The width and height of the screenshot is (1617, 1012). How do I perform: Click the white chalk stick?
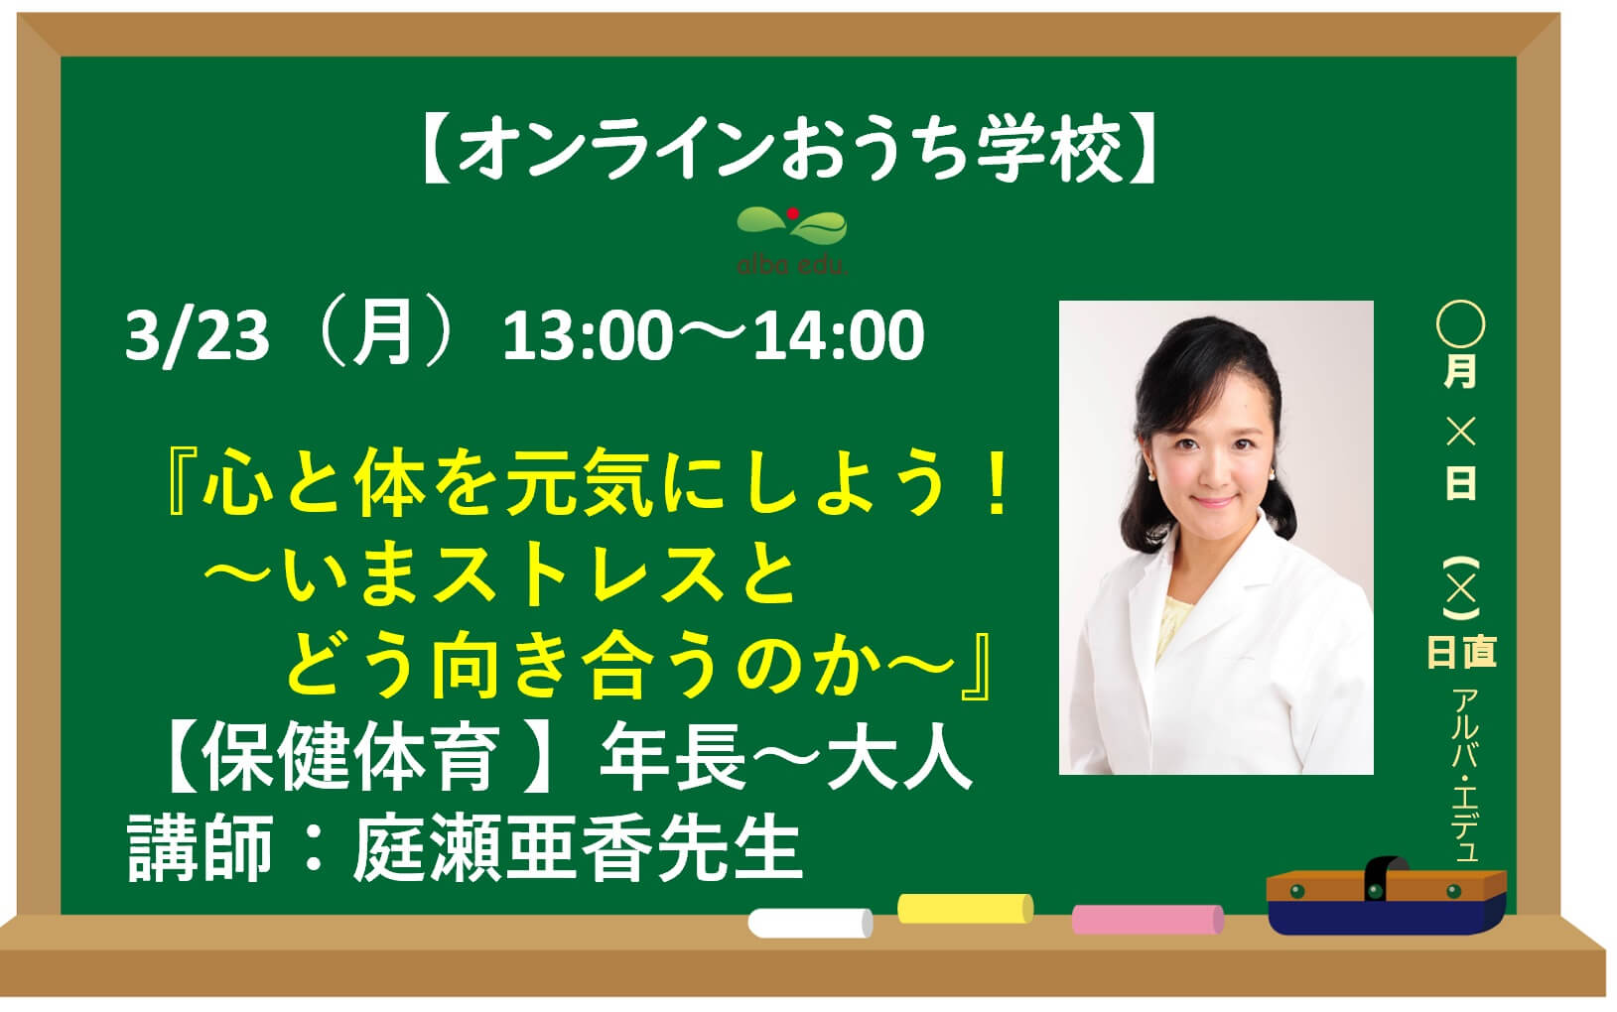click(810, 923)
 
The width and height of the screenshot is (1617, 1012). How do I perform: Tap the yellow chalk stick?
click(965, 908)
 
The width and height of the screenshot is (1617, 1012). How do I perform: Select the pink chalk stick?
click(1147, 919)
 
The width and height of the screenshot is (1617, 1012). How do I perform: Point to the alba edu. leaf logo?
click(792, 239)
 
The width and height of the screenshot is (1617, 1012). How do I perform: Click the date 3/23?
click(197, 336)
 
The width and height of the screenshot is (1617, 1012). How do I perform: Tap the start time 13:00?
click(588, 335)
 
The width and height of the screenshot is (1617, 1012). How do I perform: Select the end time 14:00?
click(838, 335)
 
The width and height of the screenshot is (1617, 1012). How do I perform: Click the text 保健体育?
click(349, 757)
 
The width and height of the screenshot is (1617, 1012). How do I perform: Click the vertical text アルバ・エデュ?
click(1465, 776)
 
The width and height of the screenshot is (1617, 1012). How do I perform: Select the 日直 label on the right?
click(1461, 652)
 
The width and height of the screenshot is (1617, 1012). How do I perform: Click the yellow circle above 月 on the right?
click(1460, 323)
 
